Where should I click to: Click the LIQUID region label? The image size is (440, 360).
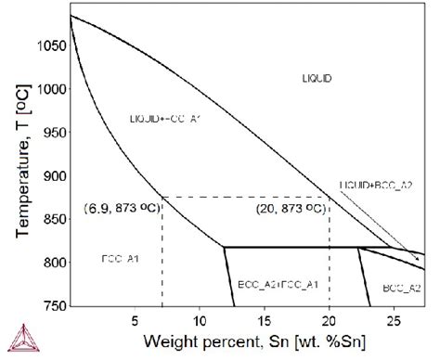(317, 79)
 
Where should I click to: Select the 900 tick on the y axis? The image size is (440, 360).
(55, 175)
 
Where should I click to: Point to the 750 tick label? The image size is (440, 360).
(55, 305)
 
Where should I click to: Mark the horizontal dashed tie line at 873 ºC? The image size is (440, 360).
(246, 196)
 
